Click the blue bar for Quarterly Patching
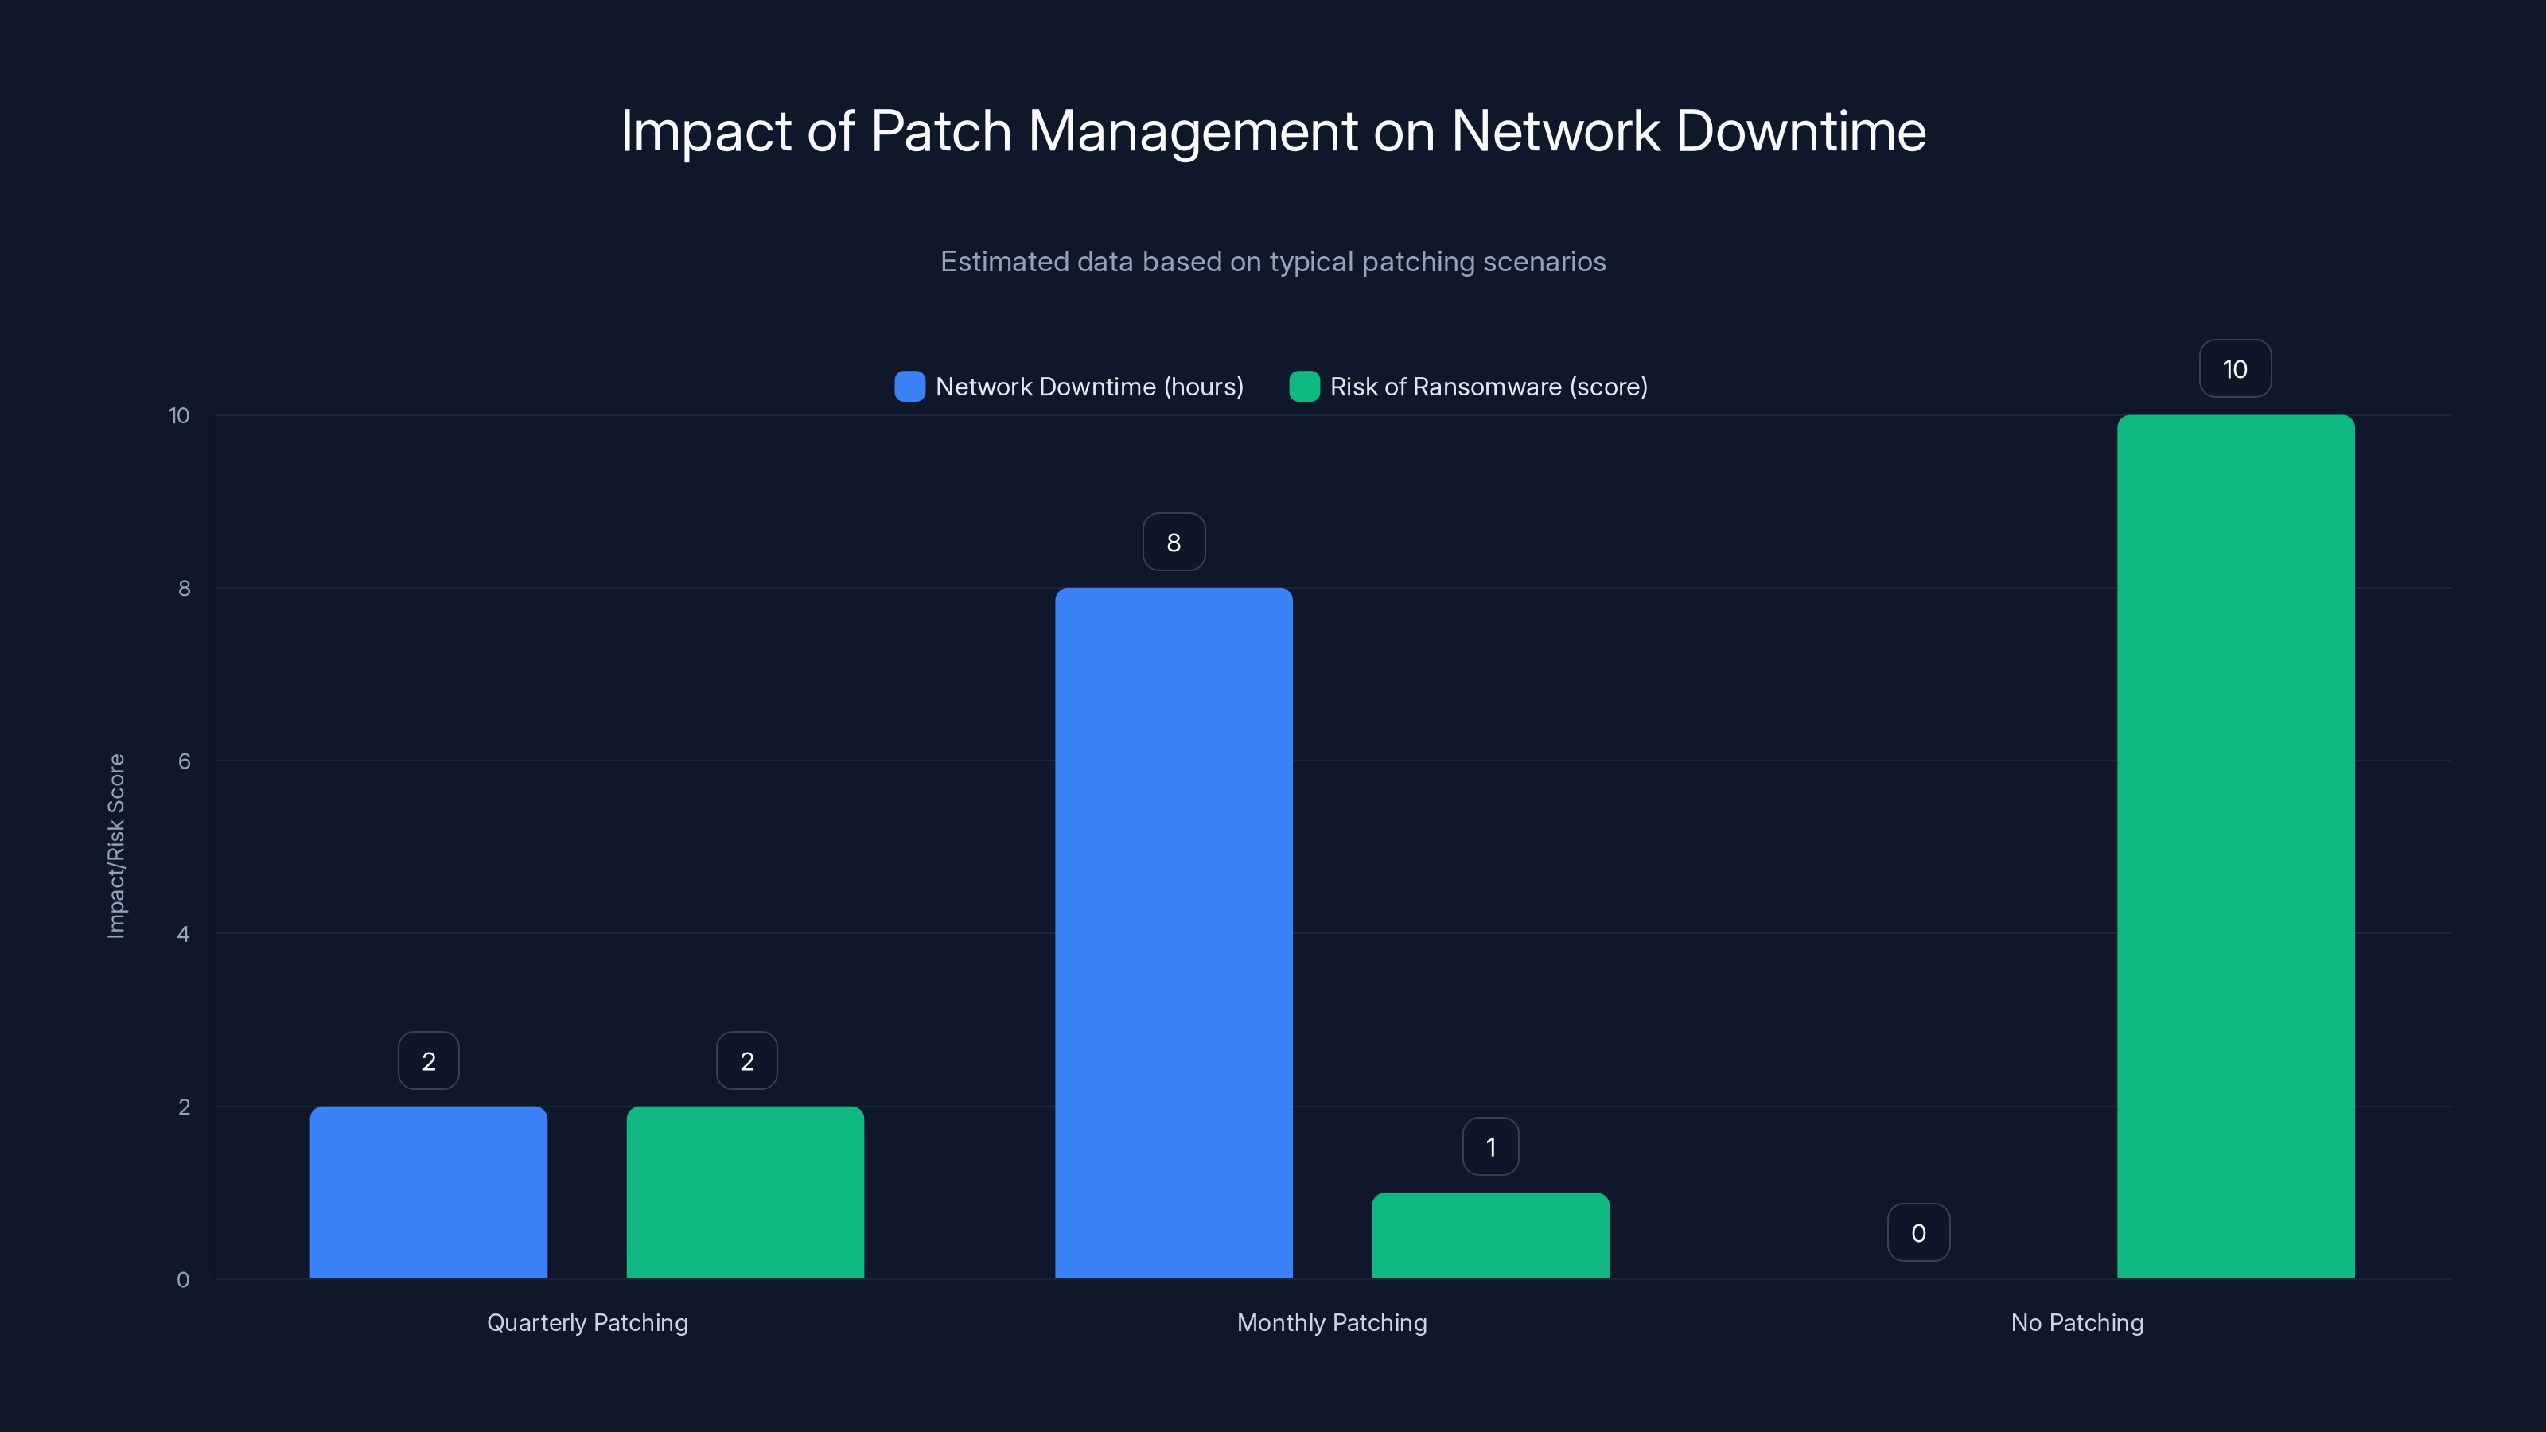(428, 1192)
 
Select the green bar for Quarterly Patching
(746, 1192)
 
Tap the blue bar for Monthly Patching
(1174, 933)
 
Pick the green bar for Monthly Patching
(1490, 1235)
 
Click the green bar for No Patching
(2236, 847)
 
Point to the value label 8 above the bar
(1174, 542)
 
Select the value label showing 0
(1917, 1232)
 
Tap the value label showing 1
(1490, 1146)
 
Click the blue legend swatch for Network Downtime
(909, 387)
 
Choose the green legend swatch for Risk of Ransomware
(1304, 387)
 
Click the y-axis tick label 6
(184, 761)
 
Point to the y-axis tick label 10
(179, 415)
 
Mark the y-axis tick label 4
(184, 934)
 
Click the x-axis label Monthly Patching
(1331, 1322)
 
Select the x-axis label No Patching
(2077, 1322)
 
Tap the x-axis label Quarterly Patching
(587, 1322)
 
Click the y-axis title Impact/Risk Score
(115, 846)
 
